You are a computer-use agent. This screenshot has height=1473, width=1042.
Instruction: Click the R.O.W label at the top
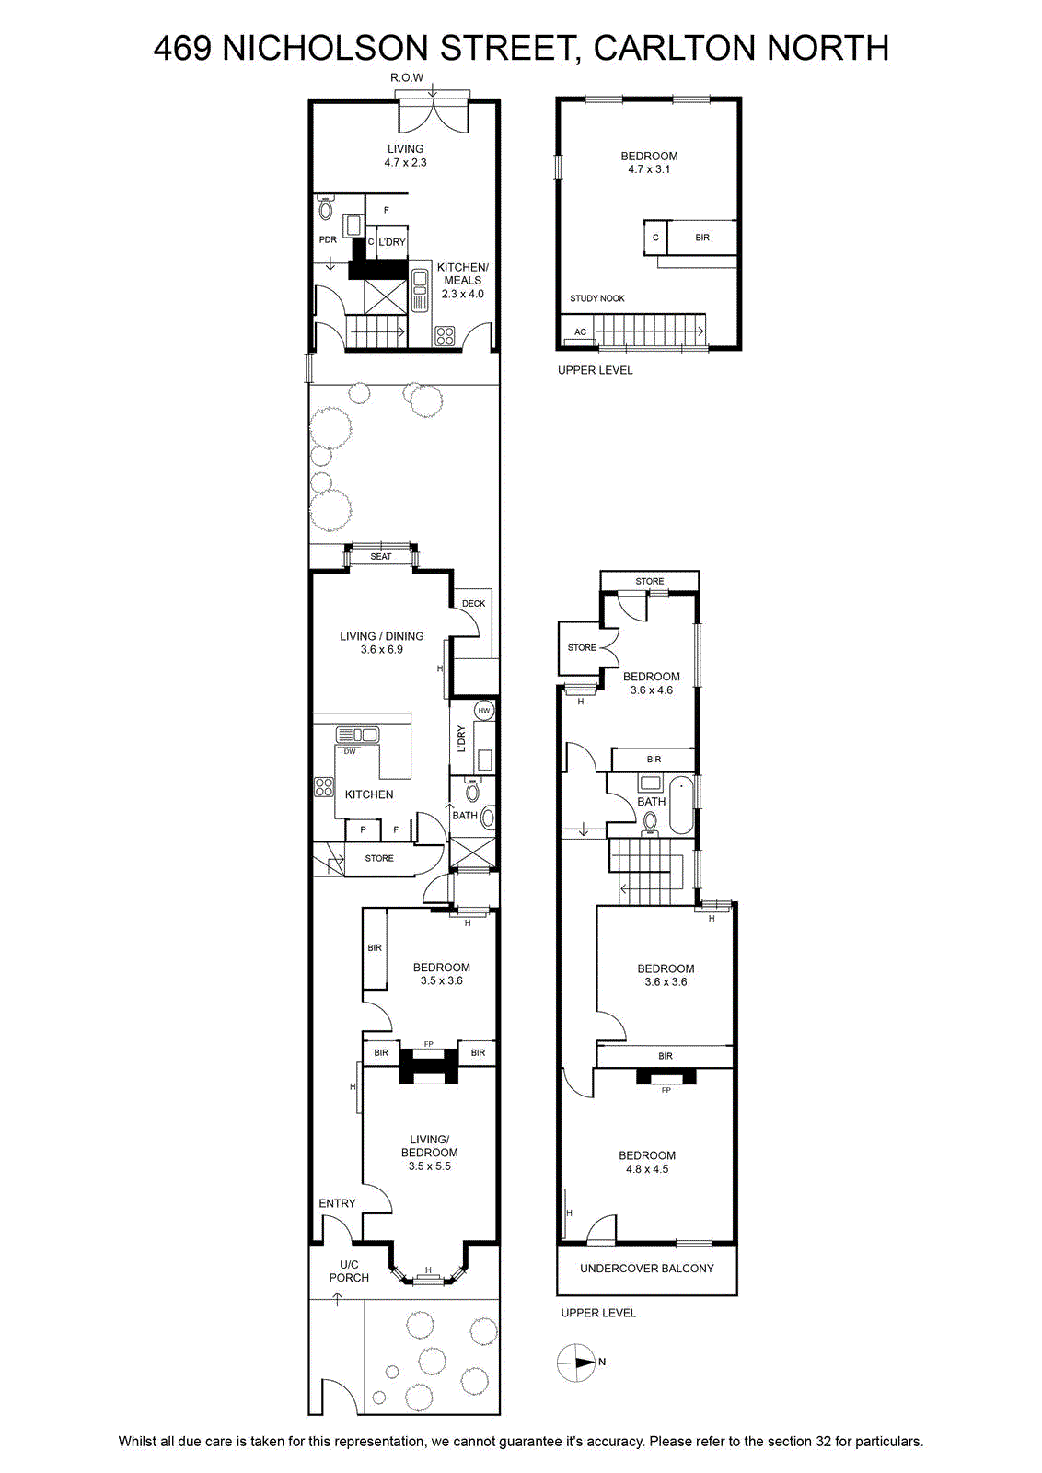407,77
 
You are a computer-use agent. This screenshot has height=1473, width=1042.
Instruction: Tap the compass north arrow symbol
576,1363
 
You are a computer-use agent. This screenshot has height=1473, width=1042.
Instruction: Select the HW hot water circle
484,710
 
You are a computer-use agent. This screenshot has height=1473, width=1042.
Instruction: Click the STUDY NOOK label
596,298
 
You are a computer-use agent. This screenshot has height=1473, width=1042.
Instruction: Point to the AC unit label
580,332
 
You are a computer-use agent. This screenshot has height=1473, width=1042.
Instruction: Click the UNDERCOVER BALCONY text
647,1269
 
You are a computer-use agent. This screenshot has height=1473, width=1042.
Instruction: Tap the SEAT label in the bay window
381,556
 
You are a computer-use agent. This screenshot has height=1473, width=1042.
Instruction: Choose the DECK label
473,604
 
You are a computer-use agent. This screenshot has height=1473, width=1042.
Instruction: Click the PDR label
328,240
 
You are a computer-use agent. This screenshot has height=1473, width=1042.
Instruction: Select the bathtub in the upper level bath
681,805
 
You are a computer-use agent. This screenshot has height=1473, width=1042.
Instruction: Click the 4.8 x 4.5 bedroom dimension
647,1169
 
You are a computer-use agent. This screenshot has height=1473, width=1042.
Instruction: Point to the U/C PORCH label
349,1270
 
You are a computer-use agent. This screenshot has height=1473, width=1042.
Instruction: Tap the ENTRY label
337,1203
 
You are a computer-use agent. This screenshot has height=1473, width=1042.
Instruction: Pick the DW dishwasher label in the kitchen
350,751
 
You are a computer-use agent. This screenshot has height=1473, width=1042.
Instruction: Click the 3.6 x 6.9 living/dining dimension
381,650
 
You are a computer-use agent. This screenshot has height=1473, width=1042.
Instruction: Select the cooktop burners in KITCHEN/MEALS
445,335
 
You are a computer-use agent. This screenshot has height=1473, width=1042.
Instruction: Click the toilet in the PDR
326,207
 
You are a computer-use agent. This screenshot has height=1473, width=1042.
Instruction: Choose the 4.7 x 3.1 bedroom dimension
649,169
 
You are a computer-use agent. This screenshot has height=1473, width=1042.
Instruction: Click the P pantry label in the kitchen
363,830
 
